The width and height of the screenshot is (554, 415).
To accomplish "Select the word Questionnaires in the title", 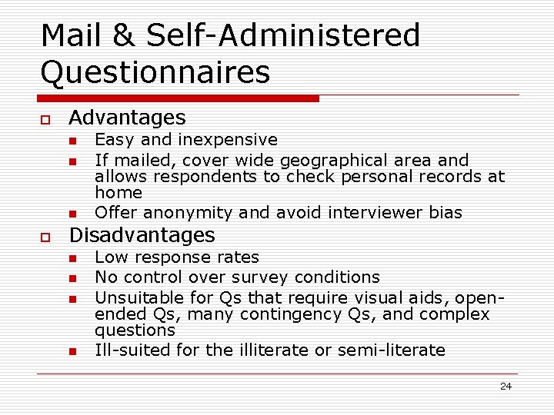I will click(x=155, y=71).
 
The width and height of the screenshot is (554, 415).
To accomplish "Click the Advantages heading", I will click(x=127, y=118).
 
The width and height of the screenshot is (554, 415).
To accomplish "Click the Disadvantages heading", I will click(x=142, y=234).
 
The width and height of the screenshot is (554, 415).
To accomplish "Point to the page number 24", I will click(x=506, y=386).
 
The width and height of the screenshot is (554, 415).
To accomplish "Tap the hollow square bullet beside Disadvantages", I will click(x=45, y=237).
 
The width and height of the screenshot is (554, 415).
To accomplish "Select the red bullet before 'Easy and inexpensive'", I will click(x=72, y=141).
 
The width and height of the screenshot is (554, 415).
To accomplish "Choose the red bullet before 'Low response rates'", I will click(x=72, y=259).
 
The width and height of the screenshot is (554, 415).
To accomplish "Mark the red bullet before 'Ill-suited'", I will click(x=72, y=352).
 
